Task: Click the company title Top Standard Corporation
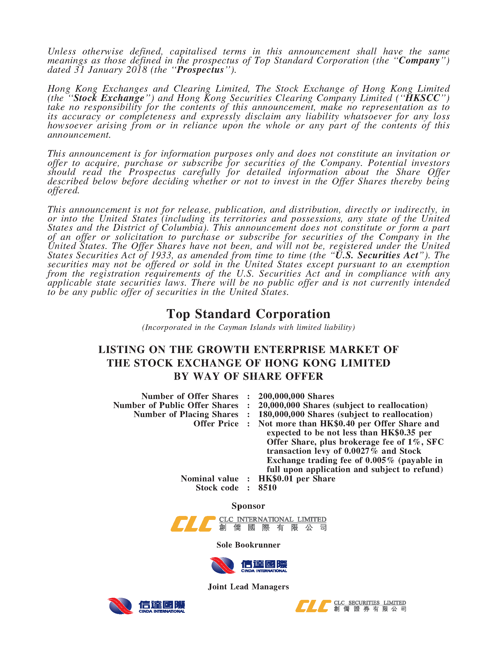click(248, 314)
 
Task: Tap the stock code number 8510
click(267, 487)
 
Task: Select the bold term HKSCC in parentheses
click(422, 98)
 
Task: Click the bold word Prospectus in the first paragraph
click(200, 70)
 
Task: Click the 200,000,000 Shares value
click(296, 396)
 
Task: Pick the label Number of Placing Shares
click(186, 414)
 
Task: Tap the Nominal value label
click(209, 478)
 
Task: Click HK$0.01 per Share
click(297, 478)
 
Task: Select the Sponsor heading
click(248, 506)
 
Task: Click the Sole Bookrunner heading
click(248, 545)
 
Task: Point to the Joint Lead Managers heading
click(248, 586)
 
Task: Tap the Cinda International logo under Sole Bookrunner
click(248, 565)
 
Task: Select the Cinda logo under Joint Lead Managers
click(146, 606)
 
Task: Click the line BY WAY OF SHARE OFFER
click(248, 376)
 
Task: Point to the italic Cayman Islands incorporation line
click(248, 327)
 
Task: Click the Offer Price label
click(216, 424)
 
